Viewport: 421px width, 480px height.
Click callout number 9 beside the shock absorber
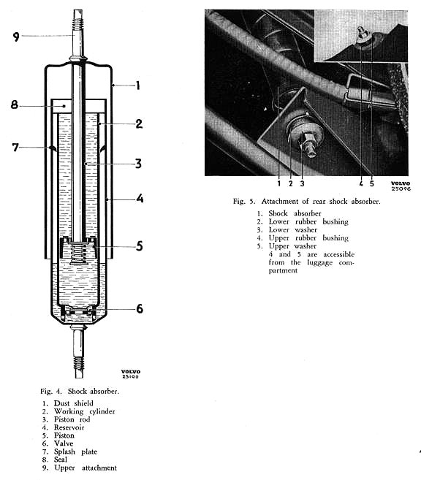click(x=16, y=37)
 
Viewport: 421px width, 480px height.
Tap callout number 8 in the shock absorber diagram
click(x=14, y=105)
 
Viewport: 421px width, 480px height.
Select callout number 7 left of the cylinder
click(x=15, y=148)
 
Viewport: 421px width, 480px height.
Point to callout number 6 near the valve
click(x=140, y=308)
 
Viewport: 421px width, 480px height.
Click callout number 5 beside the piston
click(x=140, y=246)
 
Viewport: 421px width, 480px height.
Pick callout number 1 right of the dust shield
click(x=138, y=85)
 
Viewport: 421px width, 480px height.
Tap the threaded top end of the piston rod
click(x=78, y=20)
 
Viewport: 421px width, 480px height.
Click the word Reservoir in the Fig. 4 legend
click(x=69, y=427)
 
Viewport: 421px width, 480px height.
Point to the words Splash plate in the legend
click(x=75, y=452)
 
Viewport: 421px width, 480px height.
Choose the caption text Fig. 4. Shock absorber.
click(x=80, y=391)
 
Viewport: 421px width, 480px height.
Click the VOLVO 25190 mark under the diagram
click(x=131, y=374)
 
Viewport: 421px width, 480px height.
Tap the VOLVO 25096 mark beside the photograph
click(x=401, y=186)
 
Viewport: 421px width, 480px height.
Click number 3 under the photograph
click(x=302, y=183)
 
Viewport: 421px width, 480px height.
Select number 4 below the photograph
click(x=361, y=183)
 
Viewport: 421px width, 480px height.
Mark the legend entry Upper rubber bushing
click(x=308, y=238)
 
